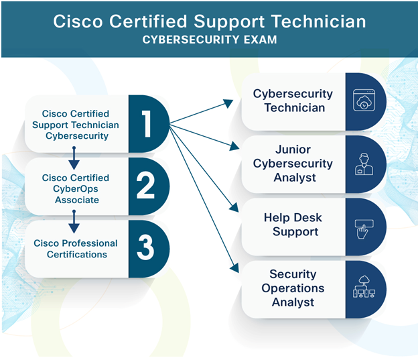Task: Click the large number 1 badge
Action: [x=147, y=124]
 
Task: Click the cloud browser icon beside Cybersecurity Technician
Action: [x=364, y=100]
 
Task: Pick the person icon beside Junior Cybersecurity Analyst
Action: [x=364, y=164]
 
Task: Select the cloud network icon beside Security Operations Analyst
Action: [x=364, y=287]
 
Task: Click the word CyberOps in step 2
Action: [x=76, y=189]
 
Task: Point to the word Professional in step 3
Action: [x=90, y=243]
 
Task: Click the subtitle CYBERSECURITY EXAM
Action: [x=210, y=40]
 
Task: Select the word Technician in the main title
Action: [x=318, y=21]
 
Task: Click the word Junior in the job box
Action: [x=293, y=149]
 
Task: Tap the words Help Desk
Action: [x=293, y=217]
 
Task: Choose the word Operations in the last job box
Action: [x=293, y=288]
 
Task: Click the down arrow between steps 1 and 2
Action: [x=74, y=158]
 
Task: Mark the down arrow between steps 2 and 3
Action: [x=74, y=221]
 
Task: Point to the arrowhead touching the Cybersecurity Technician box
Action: [x=228, y=103]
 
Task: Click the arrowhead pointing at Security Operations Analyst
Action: [x=234, y=267]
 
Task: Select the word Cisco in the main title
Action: [x=78, y=21]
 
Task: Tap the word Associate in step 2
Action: [x=77, y=200]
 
